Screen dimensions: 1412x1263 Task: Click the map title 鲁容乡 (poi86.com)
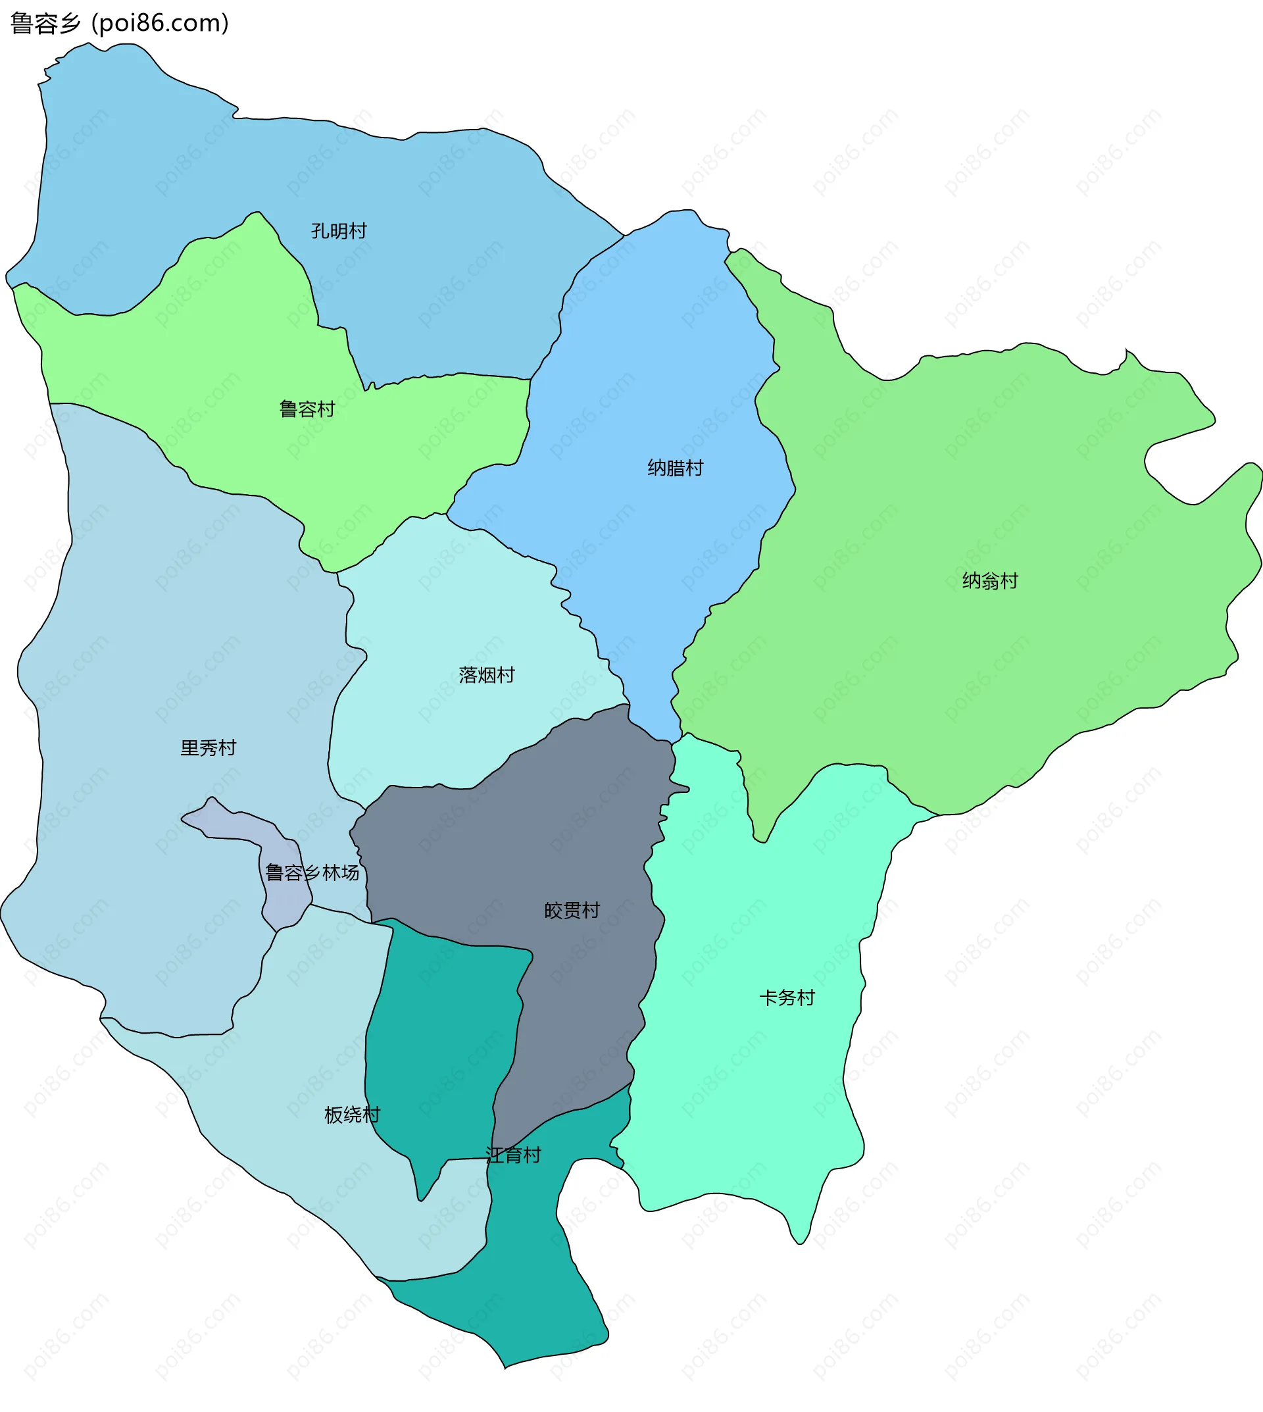point(119,24)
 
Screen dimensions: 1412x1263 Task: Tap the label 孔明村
point(339,231)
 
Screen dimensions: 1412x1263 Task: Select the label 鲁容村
point(307,409)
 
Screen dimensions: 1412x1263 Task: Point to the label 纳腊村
point(675,468)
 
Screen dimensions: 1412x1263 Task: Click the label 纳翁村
point(989,582)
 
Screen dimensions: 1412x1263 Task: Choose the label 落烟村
point(487,676)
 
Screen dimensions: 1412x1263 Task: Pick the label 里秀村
point(208,748)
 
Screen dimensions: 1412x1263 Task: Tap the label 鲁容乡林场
point(312,873)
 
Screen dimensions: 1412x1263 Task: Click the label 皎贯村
point(572,911)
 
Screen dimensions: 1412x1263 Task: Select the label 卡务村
point(787,998)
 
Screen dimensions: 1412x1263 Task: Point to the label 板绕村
point(353,1115)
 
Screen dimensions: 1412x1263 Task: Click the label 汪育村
point(513,1156)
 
